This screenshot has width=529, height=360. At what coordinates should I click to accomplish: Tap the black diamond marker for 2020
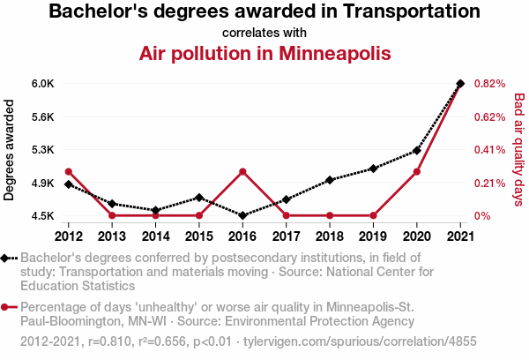click(417, 151)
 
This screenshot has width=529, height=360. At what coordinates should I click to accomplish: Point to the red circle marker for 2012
click(69, 171)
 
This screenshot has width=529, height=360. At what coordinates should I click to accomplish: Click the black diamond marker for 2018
click(330, 180)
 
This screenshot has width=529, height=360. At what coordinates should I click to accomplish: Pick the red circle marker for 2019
click(373, 215)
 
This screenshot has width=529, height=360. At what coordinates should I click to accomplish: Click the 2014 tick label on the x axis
click(155, 236)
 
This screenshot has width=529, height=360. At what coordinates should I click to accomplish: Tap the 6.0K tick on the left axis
click(42, 84)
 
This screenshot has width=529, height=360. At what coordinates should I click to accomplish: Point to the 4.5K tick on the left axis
click(42, 216)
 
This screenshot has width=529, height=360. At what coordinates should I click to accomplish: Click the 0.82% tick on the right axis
click(488, 84)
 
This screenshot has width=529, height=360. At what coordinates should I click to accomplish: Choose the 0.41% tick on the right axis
click(488, 150)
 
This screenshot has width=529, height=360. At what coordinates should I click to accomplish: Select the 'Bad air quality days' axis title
click(518, 150)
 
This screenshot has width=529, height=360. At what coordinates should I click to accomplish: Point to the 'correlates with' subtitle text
click(264, 33)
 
